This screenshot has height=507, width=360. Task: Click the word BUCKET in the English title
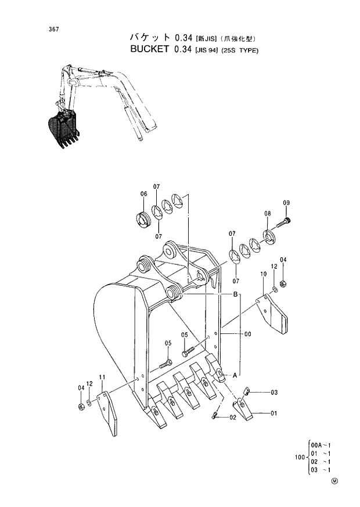147,50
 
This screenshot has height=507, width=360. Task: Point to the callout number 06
143,194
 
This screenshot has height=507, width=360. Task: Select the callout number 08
268,214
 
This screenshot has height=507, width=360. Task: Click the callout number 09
286,202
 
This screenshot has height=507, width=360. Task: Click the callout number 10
263,274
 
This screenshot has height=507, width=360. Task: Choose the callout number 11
102,378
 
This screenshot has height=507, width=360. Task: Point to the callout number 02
232,418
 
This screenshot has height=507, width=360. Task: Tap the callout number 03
274,393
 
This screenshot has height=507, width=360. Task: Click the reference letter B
236,296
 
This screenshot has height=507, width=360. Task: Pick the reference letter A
235,375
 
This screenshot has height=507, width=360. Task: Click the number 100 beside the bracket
300,457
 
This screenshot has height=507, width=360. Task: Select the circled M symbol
334,480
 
